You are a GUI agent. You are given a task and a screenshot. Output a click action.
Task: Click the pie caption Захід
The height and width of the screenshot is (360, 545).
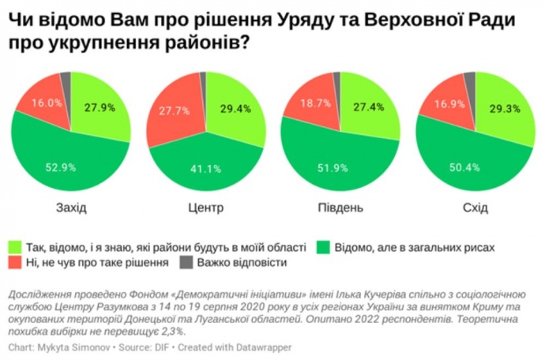[x=72, y=208]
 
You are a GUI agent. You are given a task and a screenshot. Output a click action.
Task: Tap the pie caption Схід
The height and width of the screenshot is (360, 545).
[x=474, y=208]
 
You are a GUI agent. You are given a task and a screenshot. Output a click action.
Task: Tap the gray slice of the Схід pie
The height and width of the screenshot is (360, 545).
[x=469, y=78]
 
